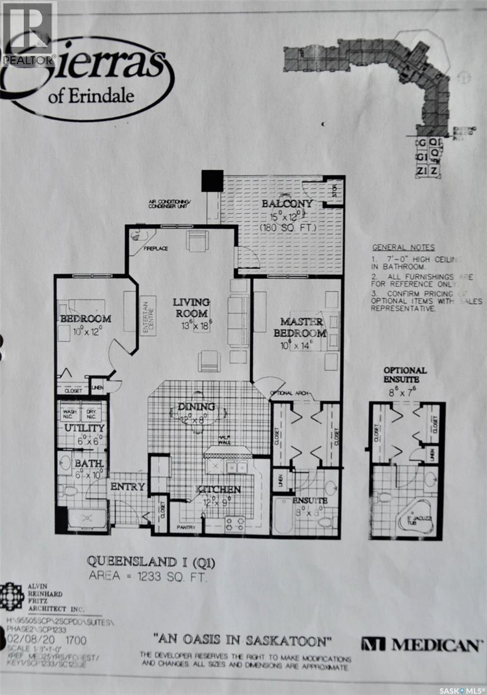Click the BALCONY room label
coord(287,204)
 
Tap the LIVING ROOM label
coord(192,308)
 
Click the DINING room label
coord(197,407)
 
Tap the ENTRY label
coord(127,487)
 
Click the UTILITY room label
coord(84,429)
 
